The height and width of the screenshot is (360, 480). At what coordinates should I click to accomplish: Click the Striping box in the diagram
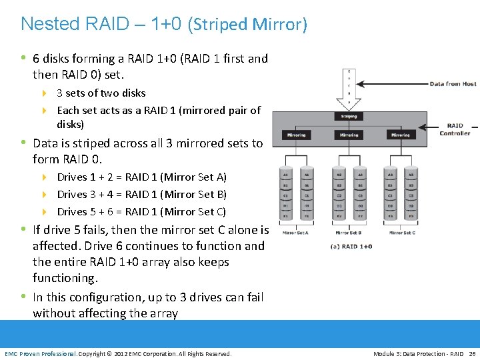tap(349, 116)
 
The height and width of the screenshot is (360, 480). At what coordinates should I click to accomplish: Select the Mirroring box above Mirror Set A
tap(297, 135)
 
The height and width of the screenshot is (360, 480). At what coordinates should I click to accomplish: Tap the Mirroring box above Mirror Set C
tap(400, 135)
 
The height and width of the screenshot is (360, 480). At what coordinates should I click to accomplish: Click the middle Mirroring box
tap(349, 135)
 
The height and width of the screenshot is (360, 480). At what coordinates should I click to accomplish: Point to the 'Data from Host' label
tap(453, 84)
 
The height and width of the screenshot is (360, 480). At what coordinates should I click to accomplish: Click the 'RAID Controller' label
tap(455, 129)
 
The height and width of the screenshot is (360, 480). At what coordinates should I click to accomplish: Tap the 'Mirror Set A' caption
tap(296, 233)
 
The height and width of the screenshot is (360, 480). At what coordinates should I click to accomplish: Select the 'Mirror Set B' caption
tap(348, 233)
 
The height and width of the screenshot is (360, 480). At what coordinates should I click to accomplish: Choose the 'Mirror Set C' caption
tap(401, 233)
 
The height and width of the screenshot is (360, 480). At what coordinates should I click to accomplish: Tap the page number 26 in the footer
tap(472, 353)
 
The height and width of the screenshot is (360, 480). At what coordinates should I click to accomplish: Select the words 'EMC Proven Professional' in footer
tap(40, 353)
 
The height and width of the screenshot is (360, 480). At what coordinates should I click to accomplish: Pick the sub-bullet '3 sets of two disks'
tap(101, 93)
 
